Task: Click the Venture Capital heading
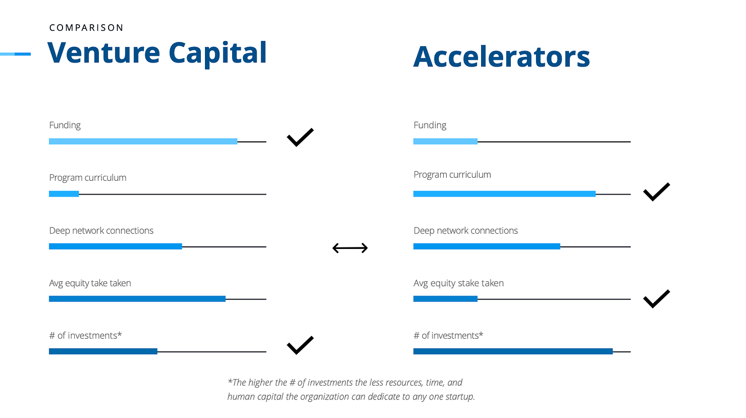(x=157, y=53)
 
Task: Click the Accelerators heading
(x=501, y=57)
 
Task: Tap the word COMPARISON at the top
(x=86, y=28)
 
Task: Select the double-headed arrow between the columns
(x=350, y=248)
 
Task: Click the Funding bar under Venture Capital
(x=143, y=141)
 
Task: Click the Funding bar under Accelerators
(x=445, y=141)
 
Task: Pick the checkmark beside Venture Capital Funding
(x=300, y=137)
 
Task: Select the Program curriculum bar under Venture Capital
(x=64, y=194)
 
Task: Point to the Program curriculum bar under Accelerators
(x=504, y=194)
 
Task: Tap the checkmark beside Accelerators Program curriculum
(x=656, y=192)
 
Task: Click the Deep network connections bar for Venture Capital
(x=115, y=246)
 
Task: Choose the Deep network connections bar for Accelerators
(x=486, y=246)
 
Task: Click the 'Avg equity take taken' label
(x=90, y=283)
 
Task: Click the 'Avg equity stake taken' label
(x=458, y=283)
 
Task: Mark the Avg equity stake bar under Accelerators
(x=445, y=299)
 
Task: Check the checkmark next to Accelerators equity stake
(x=656, y=299)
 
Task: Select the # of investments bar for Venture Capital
(x=103, y=351)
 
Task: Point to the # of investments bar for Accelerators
(x=513, y=351)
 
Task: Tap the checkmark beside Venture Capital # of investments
(x=300, y=345)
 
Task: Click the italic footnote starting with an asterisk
(x=351, y=389)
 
